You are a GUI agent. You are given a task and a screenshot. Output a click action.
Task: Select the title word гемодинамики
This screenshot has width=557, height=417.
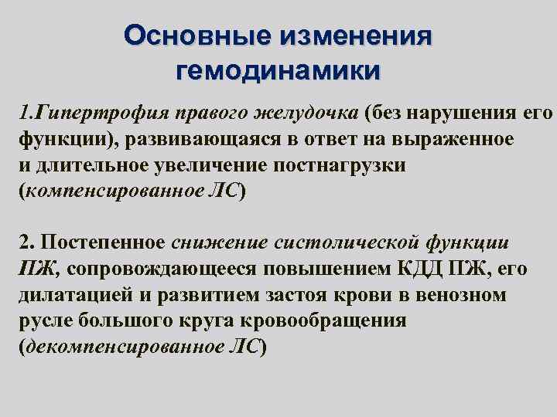coord(278,71)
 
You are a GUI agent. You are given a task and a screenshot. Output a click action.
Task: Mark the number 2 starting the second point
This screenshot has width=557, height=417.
coord(23,242)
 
